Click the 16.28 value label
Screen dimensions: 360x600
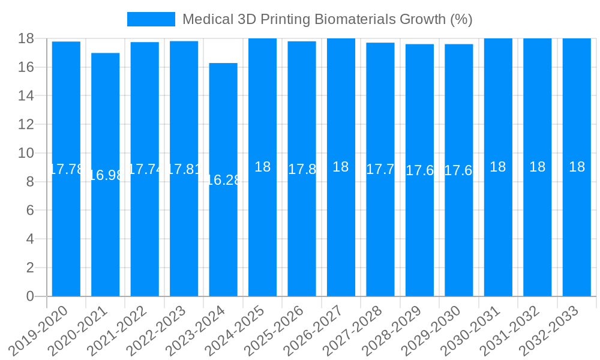223,180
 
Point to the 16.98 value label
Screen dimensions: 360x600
106,175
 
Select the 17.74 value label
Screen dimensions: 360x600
145,169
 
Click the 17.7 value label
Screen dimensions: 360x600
380,169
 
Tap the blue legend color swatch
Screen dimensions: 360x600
151,19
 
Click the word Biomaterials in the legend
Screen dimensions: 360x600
358,19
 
